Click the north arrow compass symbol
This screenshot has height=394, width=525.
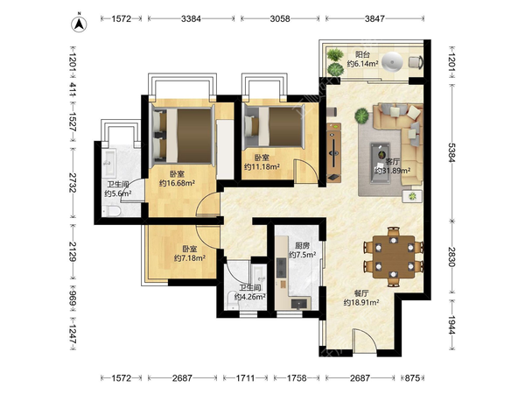(x=79, y=24)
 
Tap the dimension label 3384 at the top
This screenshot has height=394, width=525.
(x=191, y=18)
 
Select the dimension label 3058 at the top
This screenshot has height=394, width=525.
(x=280, y=18)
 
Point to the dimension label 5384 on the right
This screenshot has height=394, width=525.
(x=452, y=152)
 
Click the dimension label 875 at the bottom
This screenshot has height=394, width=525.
(x=412, y=378)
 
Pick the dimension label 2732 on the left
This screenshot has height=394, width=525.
(x=73, y=183)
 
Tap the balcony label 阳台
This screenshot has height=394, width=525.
(x=362, y=54)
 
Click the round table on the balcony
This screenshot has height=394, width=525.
(x=392, y=62)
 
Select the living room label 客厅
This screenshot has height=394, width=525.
(x=392, y=162)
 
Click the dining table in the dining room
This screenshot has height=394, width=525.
(x=394, y=257)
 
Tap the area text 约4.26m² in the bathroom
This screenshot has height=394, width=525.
(x=250, y=297)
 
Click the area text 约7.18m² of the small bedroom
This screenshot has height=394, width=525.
(x=190, y=258)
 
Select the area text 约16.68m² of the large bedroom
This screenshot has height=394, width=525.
(x=177, y=183)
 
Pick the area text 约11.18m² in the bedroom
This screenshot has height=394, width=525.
(x=262, y=166)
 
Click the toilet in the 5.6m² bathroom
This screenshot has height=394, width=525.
(x=111, y=211)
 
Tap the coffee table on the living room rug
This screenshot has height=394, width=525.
(x=381, y=163)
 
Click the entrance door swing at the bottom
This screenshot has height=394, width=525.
(x=365, y=340)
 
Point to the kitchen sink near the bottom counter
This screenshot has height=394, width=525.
(x=299, y=304)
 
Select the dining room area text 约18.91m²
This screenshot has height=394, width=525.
(x=361, y=303)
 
